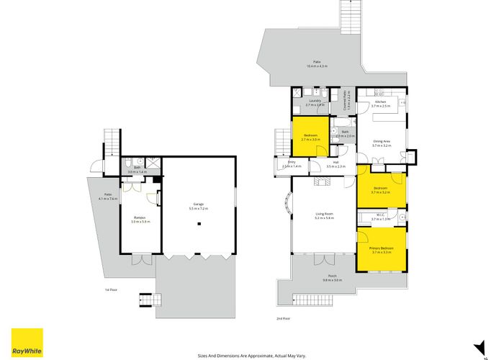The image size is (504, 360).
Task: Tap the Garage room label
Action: [x=197, y=206]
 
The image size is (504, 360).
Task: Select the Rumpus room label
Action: [x=138, y=219]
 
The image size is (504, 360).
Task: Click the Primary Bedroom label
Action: [x=381, y=249]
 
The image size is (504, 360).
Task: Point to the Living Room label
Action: [x=324, y=215]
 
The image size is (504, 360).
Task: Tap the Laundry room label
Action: [x=315, y=102]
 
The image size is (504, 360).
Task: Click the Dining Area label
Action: [x=381, y=143]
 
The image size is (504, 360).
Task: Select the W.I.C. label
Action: [x=381, y=215]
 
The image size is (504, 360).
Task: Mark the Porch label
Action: [x=332, y=278]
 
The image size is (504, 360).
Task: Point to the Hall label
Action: [x=336, y=165]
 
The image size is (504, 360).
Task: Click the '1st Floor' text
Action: [x=110, y=289]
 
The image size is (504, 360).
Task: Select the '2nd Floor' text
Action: [x=283, y=318]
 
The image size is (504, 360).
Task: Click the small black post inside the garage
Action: [x=199, y=224]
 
